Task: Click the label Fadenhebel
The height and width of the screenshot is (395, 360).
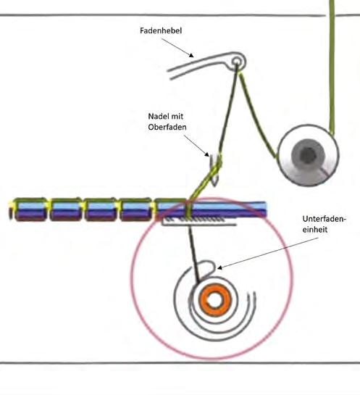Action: click(x=161, y=30)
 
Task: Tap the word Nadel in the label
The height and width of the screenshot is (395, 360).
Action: click(x=157, y=117)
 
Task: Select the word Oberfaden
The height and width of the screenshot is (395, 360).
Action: click(x=167, y=127)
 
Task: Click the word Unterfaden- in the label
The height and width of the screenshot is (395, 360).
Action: click(x=325, y=219)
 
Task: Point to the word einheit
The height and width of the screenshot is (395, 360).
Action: click(x=315, y=230)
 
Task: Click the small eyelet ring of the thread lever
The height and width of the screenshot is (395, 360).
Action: click(x=236, y=62)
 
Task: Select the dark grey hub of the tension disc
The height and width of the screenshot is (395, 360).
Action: click(x=308, y=154)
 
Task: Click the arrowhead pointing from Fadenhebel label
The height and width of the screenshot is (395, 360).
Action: click(x=192, y=55)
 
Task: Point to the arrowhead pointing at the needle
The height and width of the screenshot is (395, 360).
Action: click(x=207, y=154)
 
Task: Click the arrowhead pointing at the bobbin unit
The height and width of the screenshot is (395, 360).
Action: click(x=219, y=267)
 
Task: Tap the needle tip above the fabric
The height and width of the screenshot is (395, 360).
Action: click(x=214, y=186)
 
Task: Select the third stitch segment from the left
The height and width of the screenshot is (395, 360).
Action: click(x=100, y=209)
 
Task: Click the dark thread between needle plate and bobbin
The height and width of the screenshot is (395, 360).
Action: click(x=194, y=254)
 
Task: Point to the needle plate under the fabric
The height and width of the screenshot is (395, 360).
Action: click(x=199, y=223)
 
